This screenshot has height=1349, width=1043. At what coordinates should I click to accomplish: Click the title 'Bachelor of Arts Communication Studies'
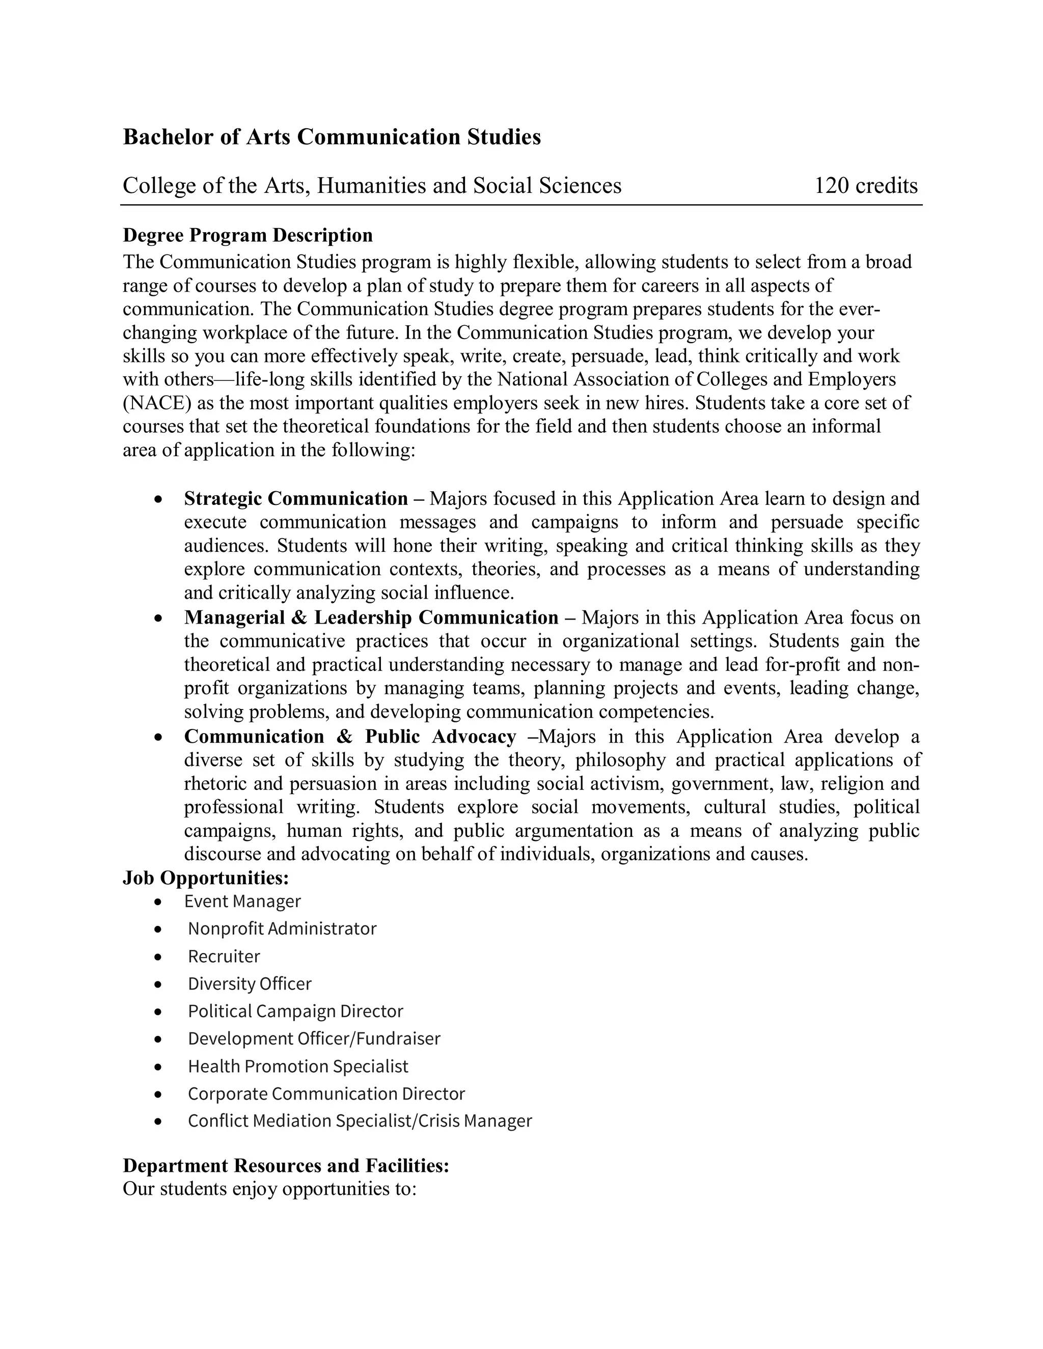pos(332,136)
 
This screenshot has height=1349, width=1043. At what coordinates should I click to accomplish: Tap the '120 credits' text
pos(865,185)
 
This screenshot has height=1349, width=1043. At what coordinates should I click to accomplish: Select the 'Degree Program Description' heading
pos(248,235)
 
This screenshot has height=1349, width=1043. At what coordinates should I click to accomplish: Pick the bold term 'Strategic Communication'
pos(296,498)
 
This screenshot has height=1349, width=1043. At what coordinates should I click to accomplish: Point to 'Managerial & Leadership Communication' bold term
pos(371,617)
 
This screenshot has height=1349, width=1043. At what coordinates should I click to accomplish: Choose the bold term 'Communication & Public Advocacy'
pos(350,736)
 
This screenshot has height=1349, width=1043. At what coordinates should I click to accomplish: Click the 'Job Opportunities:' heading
pos(206,878)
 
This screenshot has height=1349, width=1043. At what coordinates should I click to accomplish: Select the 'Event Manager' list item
pos(242,901)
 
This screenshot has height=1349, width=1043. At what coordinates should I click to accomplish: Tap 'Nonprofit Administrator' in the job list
pos(282,929)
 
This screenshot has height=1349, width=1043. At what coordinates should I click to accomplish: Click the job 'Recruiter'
pos(224,956)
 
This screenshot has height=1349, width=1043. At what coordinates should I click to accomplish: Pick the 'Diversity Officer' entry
pos(250,983)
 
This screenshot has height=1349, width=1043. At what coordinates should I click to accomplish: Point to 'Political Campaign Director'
pos(295,1011)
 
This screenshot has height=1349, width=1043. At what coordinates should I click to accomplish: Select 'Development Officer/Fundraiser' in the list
pos(314,1038)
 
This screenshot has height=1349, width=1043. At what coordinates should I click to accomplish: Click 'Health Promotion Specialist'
pos(298,1066)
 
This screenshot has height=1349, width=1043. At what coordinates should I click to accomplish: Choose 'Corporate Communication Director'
pos(326,1093)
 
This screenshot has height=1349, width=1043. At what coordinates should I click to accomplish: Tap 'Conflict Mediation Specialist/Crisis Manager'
pos(360,1120)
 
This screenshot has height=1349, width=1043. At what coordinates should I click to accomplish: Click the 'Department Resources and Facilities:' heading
pos(286,1166)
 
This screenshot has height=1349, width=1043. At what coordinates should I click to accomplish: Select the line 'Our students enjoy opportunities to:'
pos(269,1189)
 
